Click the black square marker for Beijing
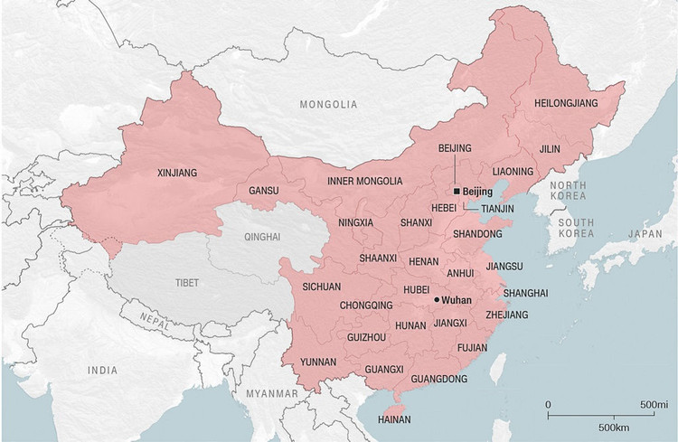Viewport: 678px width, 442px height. click(x=457, y=192)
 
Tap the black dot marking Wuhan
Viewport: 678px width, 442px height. click(x=437, y=299)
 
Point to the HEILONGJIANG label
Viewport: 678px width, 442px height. click(x=566, y=104)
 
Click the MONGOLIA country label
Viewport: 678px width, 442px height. click(x=329, y=105)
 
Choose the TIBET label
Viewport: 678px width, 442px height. click(x=187, y=283)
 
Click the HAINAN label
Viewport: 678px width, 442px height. click(x=394, y=419)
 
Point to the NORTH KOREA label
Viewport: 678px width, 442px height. click(x=568, y=192)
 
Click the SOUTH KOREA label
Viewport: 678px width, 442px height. click(x=575, y=228)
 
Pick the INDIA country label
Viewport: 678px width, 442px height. click(x=102, y=371)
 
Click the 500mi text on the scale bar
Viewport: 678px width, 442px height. click(x=654, y=403)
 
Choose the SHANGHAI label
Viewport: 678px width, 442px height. click(x=525, y=293)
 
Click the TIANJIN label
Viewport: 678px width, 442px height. click(x=497, y=208)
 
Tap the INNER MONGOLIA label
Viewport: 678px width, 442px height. click(x=365, y=181)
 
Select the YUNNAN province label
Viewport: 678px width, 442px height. click(x=318, y=362)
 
